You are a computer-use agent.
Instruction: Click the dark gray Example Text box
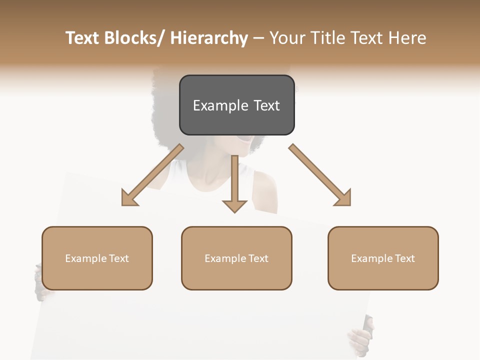[236, 105]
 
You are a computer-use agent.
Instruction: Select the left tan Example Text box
[97, 258]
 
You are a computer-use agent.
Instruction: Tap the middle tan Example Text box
[236, 258]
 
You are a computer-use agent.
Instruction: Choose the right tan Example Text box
[383, 258]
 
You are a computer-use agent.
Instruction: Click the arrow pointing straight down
[234, 185]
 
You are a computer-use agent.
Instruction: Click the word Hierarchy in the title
[208, 38]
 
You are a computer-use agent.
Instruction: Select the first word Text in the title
[83, 38]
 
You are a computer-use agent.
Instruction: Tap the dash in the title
[258, 38]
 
